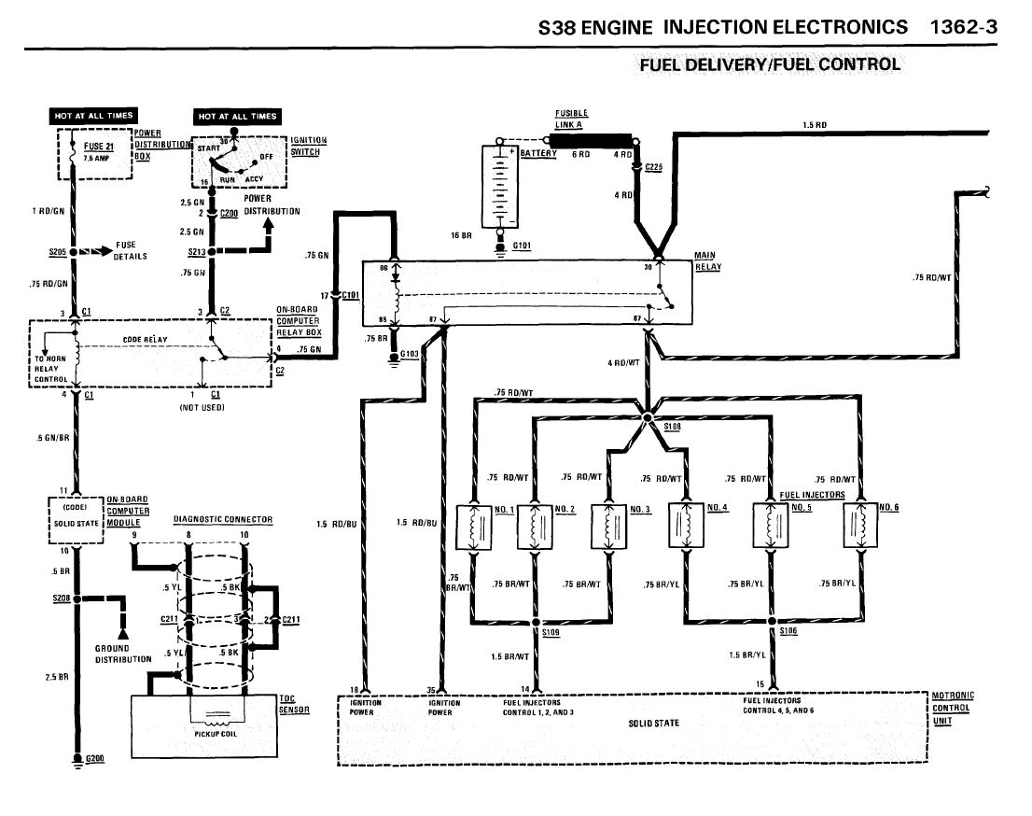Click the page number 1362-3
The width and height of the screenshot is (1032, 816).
coord(964,26)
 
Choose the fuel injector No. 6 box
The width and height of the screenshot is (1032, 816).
coord(859,528)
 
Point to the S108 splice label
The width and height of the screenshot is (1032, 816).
coord(673,427)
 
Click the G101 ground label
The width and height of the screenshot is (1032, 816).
coord(521,246)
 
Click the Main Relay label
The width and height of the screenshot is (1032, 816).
coord(705,260)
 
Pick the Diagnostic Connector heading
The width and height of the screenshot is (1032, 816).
coord(221,519)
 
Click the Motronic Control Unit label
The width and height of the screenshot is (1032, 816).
coord(953,708)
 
